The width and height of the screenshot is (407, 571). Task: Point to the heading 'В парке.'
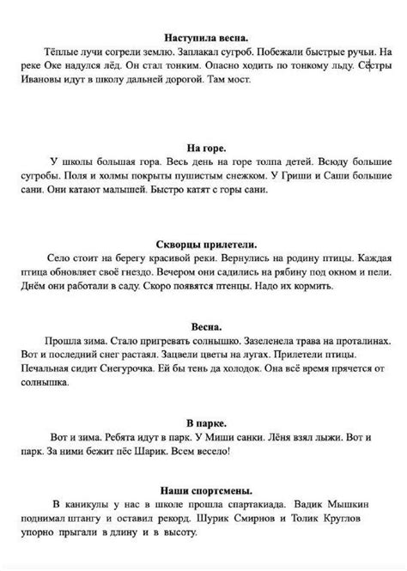203,399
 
